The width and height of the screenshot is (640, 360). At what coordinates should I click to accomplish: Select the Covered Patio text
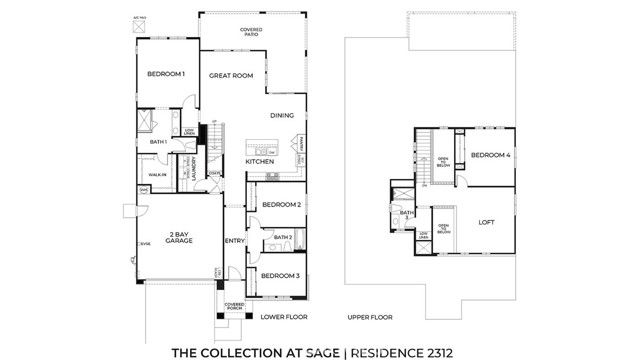coord(251,32)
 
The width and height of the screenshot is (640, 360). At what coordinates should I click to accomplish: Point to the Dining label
coord(281,115)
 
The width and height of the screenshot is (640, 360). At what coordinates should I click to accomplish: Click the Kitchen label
coord(260,161)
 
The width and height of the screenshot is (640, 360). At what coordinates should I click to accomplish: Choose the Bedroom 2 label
coord(281,205)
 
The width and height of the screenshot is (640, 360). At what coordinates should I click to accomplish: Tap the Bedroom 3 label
coord(280,275)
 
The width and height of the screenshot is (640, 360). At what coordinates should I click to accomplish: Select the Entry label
coord(235,240)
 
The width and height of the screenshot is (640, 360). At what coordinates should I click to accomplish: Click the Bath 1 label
coord(158,142)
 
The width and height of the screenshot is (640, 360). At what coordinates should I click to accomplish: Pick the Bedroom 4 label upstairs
coord(491,155)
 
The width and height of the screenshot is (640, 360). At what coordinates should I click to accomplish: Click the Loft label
coord(487,222)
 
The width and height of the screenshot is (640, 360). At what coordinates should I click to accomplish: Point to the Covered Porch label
coord(235,306)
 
